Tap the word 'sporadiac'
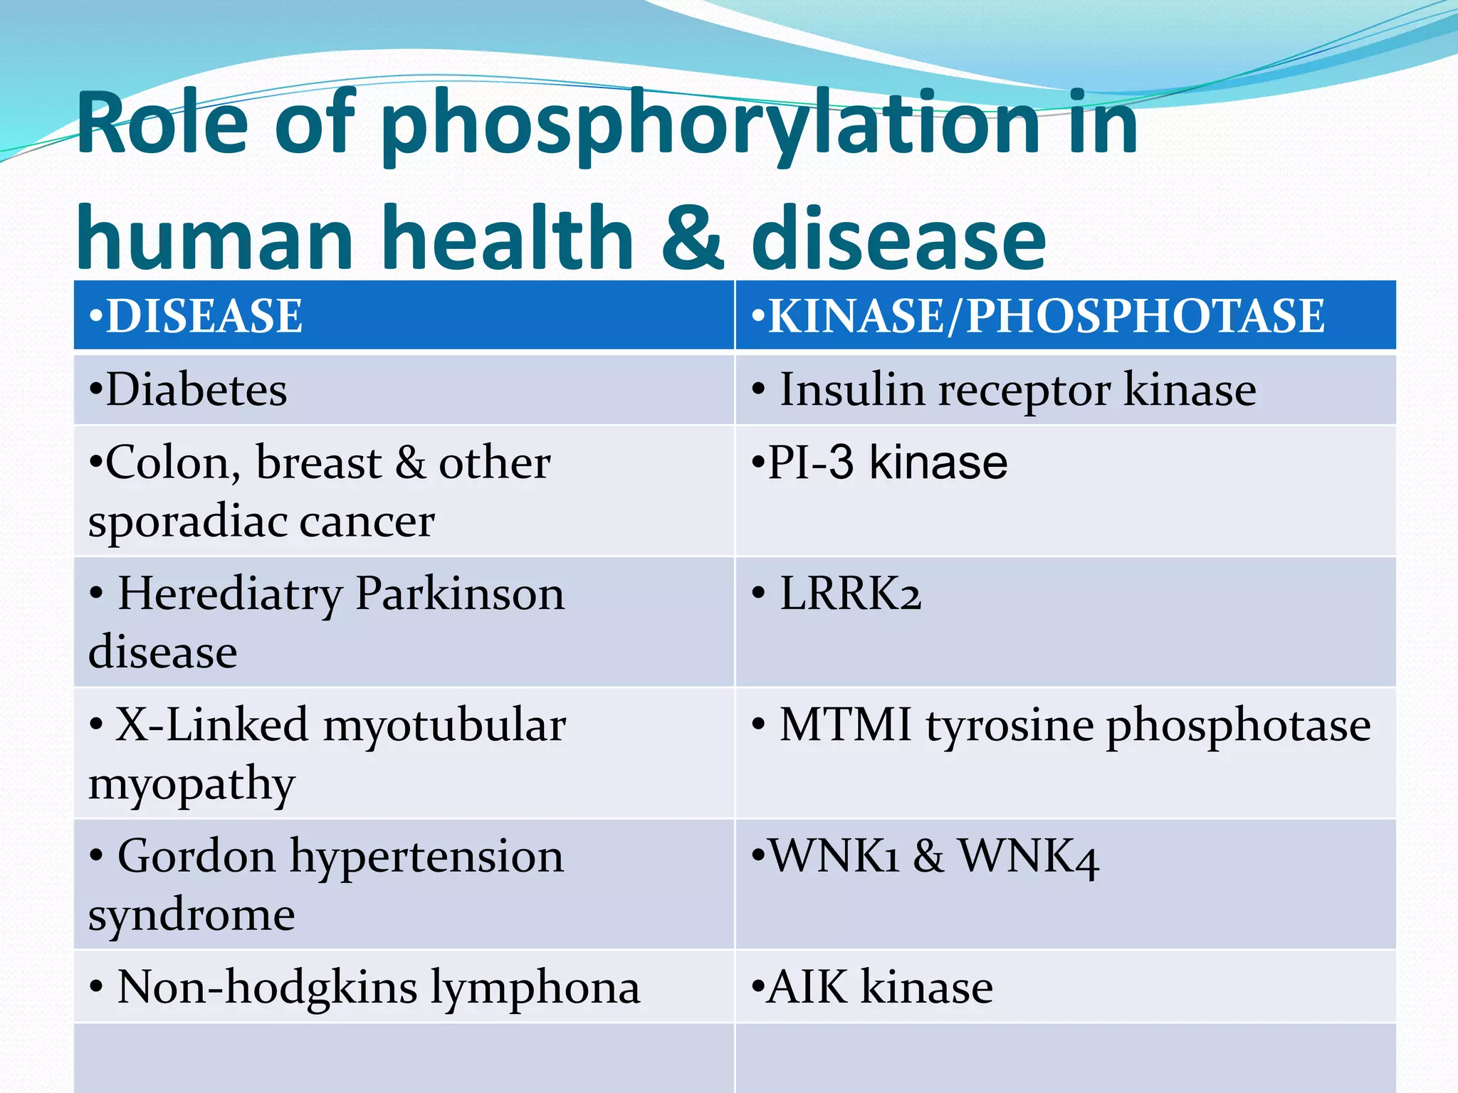tap(184, 522)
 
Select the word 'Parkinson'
tap(459, 593)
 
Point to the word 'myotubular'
tap(444, 725)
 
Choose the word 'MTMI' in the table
tap(845, 725)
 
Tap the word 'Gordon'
tap(196, 856)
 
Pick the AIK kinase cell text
tap(873, 987)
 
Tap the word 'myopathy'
tap(192, 785)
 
